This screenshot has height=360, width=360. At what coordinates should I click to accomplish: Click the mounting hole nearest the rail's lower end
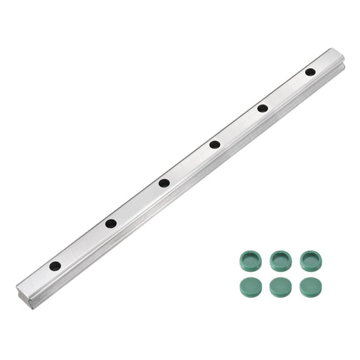pyautogui.click(x=56, y=266)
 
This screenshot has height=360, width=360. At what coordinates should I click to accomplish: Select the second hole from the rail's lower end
pyautogui.click(x=111, y=223)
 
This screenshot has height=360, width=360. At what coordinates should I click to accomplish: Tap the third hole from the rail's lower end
pyautogui.click(x=164, y=183)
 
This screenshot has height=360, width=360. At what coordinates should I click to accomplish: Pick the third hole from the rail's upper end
pyautogui.click(x=214, y=145)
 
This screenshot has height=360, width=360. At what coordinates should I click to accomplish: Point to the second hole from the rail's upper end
pyautogui.click(x=262, y=108)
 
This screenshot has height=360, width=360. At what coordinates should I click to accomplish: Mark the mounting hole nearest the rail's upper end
pyautogui.click(x=310, y=72)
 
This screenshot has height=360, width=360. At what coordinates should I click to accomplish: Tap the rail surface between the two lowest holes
pyautogui.click(x=83, y=244)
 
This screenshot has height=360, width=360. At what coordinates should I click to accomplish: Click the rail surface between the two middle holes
pyautogui.click(x=189, y=164)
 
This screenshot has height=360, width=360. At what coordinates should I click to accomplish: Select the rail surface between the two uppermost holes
pyautogui.click(x=286, y=90)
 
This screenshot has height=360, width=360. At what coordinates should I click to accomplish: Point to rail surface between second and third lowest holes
pyautogui.click(x=137, y=203)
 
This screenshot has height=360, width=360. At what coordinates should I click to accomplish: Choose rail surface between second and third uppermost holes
pyautogui.click(x=238, y=127)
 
